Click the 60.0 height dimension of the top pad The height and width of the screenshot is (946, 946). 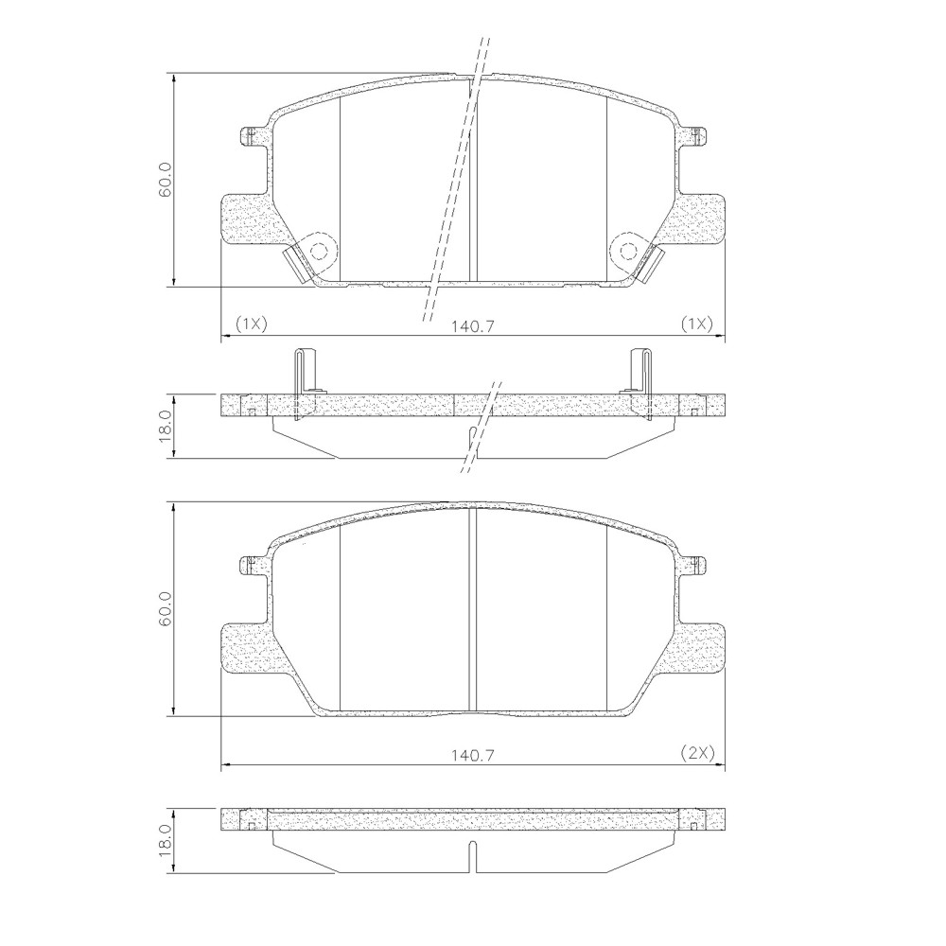[166, 180]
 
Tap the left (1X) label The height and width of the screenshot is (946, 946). [251, 324]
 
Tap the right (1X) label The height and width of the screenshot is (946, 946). [697, 324]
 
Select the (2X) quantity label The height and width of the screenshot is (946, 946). [697, 753]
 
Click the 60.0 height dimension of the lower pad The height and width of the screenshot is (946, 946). [166, 609]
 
